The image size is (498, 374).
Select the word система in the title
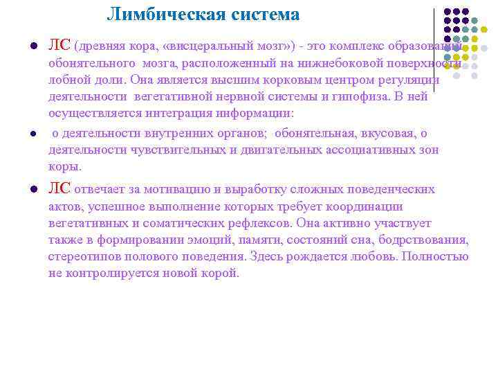(x=262, y=15)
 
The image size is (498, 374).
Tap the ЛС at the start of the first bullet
(x=59, y=46)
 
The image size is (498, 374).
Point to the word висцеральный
(x=207, y=47)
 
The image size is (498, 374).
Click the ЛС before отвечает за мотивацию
(x=59, y=189)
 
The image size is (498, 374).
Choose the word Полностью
(x=441, y=256)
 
